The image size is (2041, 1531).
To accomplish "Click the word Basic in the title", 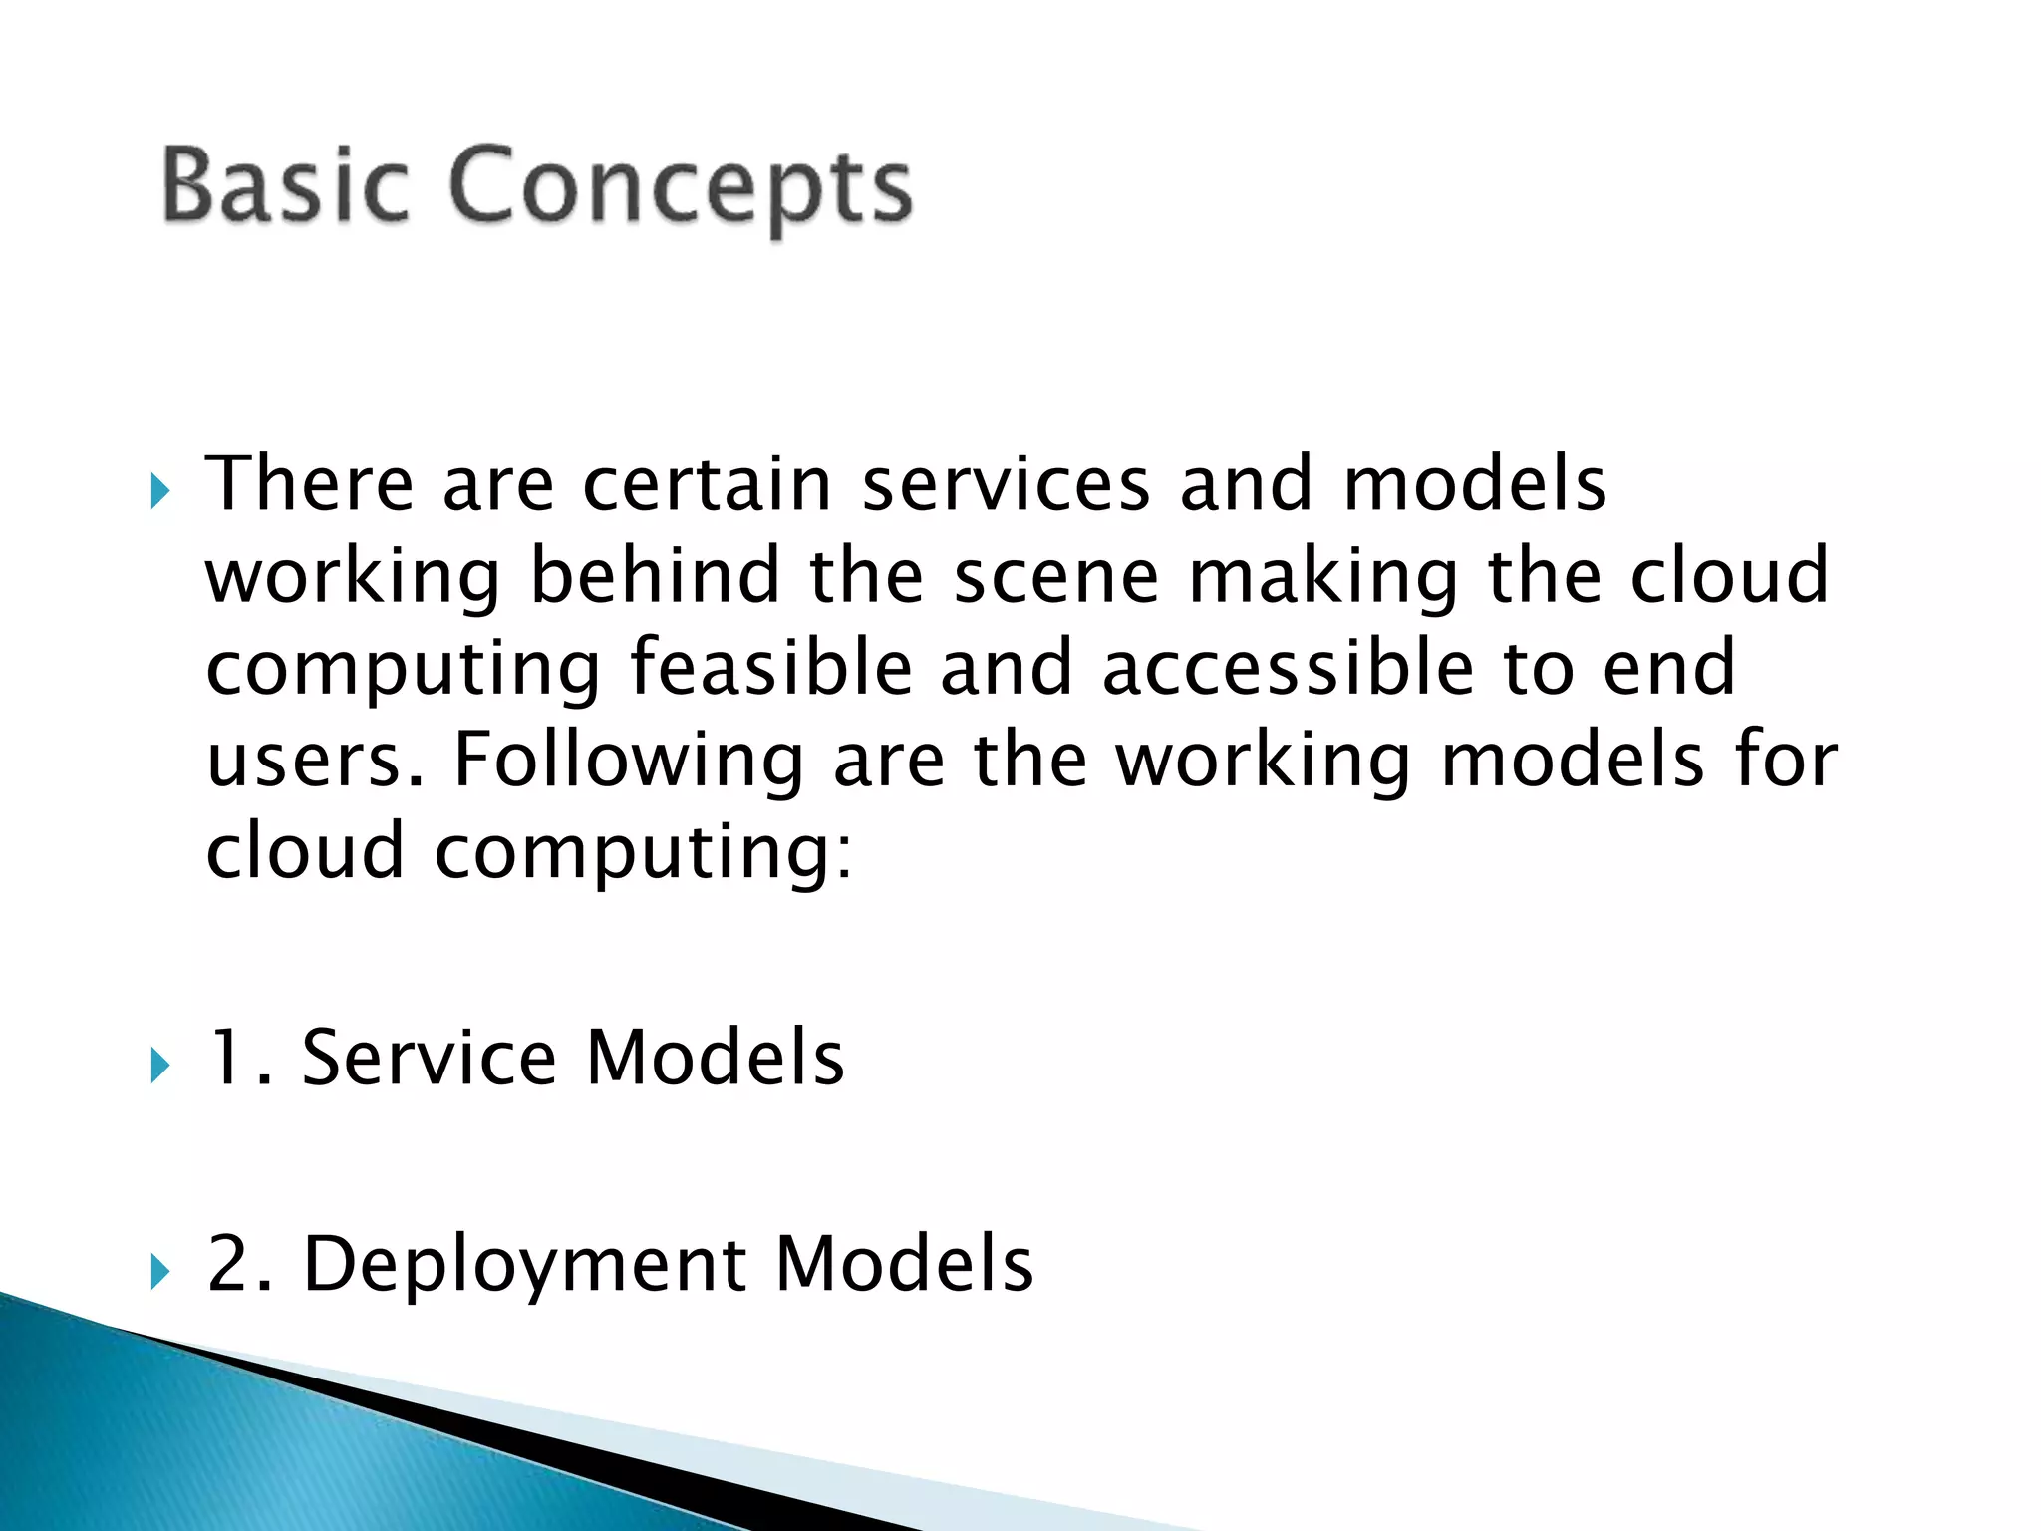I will coord(285,185).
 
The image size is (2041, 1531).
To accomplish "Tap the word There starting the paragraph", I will coord(309,484).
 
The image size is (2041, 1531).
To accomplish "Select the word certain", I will coord(707,484).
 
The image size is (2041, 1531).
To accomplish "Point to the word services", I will coord(1006,484).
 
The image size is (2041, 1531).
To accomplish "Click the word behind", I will coord(655,577).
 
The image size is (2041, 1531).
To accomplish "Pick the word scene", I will coord(1056,579).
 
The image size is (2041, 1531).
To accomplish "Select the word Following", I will coord(628,763).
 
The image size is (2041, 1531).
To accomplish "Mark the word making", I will coord(1323,579).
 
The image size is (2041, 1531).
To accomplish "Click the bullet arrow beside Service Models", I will coord(160,1067).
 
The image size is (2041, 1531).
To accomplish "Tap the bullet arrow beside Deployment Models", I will coord(160,1272).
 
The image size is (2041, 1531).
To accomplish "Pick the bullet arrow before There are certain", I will coord(160,491).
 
